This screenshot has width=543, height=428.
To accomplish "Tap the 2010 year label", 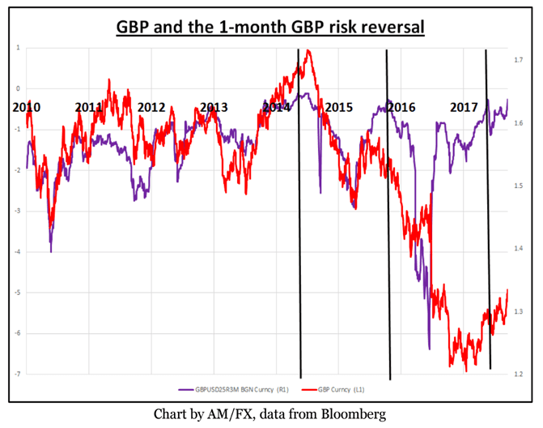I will [28, 107].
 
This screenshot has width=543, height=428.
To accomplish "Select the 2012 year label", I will [151, 107].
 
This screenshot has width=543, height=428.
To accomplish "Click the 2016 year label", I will [401, 107].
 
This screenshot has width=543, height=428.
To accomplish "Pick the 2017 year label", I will [464, 107].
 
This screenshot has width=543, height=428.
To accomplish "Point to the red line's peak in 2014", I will [308, 52].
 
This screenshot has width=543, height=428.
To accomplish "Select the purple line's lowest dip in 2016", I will [429, 349].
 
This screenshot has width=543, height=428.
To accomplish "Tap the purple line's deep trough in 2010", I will [51, 251].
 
